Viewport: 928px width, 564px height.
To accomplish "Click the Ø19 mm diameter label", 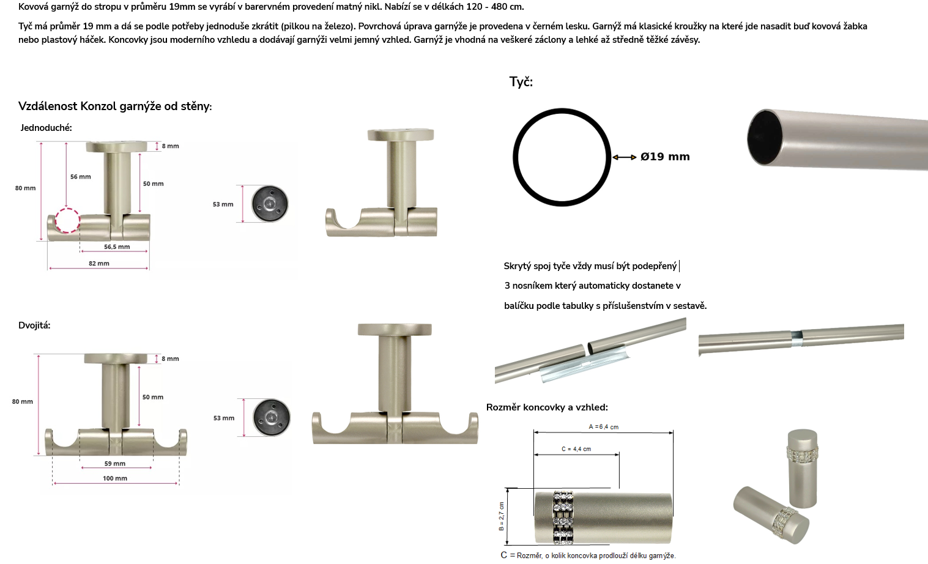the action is click(665, 157).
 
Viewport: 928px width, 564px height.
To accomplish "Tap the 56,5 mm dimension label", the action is click(117, 247).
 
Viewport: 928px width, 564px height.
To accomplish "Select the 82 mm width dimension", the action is click(99, 263).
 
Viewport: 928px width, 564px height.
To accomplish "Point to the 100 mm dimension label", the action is click(115, 478).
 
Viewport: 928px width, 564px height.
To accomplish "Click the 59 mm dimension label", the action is click(115, 463).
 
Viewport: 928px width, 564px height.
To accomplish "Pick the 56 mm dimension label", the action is click(80, 177).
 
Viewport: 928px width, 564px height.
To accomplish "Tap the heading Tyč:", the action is click(521, 81).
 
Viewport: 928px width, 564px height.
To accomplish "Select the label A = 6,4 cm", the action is click(604, 427).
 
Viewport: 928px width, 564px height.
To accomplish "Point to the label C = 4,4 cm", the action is click(576, 449).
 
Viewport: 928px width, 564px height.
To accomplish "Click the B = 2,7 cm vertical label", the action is click(502, 516).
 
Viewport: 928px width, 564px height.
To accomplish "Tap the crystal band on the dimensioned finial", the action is click(563, 518).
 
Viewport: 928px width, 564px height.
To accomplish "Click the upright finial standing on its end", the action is click(803, 469).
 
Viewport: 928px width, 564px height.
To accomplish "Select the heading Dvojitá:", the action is click(34, 325).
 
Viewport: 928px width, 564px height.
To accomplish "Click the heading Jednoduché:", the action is click(46, 128).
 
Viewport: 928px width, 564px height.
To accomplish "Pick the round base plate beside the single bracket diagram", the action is click(270, 204).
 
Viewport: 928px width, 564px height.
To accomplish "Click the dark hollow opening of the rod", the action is click(765, 138).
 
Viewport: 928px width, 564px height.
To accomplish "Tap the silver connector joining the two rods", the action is click(796, 338).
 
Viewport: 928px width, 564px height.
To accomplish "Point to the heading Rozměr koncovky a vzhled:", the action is click(547, 407).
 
